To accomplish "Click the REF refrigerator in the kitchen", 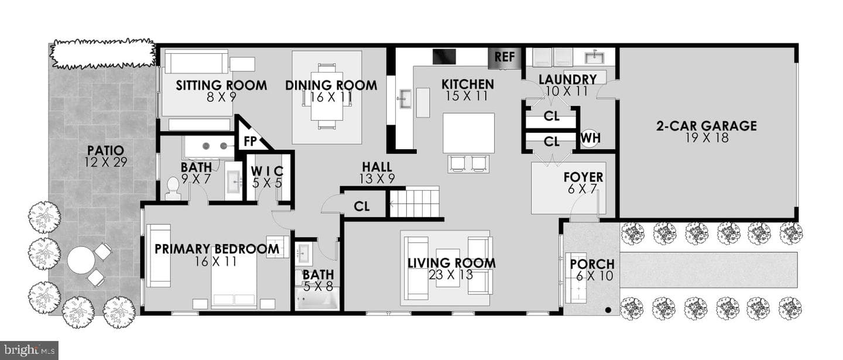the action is coord(505,58).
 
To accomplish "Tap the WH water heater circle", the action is coord(591,138).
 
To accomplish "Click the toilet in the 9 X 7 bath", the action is coord(173,188).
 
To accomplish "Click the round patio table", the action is coord(80,260).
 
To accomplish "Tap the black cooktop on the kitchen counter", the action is coord(444,56).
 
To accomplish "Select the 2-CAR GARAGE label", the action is coord(707,126).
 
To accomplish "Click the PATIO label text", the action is coord(105,150).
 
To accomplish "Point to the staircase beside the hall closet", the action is coord(414,204).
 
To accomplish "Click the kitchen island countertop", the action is coord(468,133).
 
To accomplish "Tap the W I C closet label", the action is coord(267,171).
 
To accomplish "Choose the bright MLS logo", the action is coord(29,351).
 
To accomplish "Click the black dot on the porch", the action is coord(608,310).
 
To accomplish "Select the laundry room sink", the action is coord(594,57).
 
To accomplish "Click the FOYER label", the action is coord(583,177).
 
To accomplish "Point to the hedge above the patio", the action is coord(103,54).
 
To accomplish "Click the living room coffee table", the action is coord(448,268).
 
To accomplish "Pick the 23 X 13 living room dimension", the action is coord(451,275).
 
